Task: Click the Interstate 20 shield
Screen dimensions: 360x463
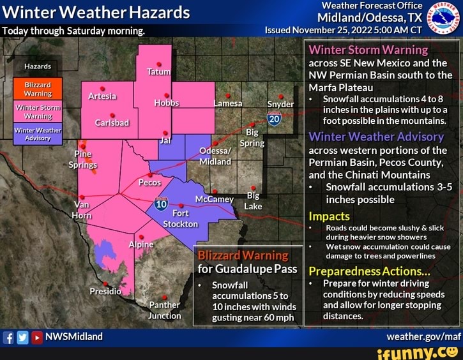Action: [275, 119]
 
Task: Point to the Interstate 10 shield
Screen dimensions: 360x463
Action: [161, 204]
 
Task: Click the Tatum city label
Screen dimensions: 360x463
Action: [158, 72]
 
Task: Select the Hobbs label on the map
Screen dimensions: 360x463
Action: [166, 103]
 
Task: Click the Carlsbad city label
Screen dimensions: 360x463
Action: [112, 123]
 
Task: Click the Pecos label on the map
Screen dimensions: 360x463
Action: [149, 183]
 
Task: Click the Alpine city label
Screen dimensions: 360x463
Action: [142, 245]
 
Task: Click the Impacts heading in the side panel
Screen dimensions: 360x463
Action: [329, 216]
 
